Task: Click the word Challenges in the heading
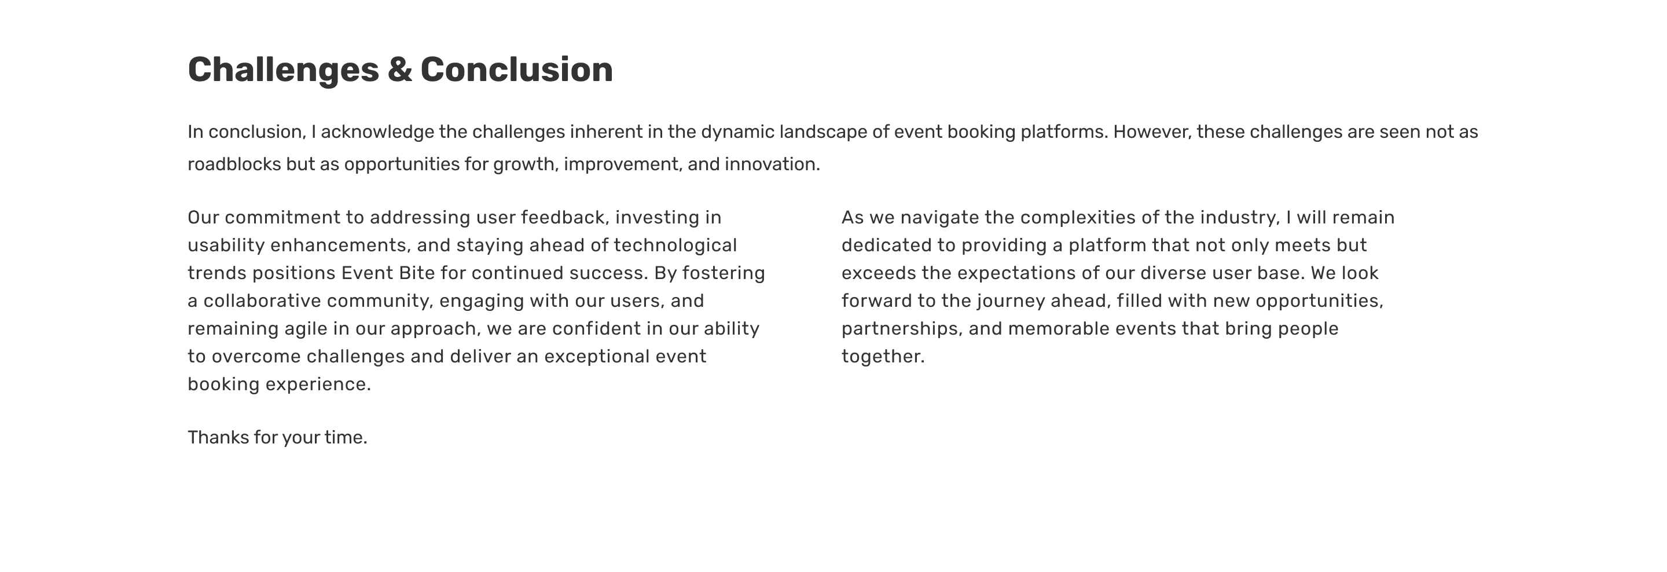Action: pos(284,71)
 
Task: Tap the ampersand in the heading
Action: pos(400,69)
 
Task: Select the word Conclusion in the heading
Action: pos(517,69)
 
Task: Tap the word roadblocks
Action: pos(234,164)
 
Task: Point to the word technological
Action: pos(675,246)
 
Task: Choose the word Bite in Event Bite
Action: pos(417,273)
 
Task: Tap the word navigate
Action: pos(939,218)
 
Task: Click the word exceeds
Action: pos(879,273)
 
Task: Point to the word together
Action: pos(883,357)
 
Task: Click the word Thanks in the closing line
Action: pos(219,438)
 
